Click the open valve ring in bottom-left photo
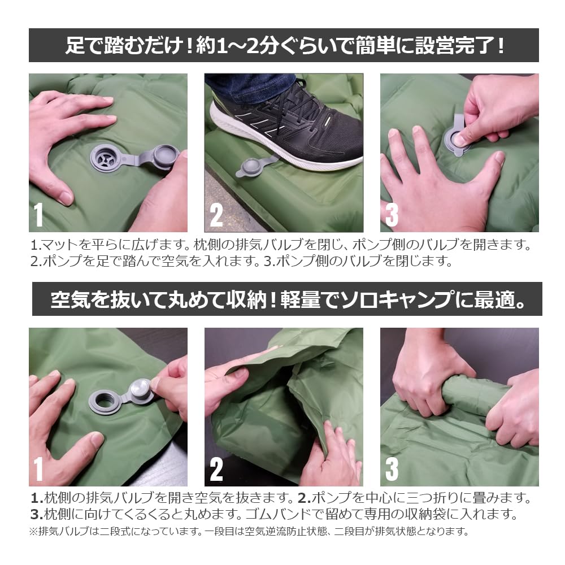tap(105, 403)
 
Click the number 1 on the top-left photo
tap(38, 215)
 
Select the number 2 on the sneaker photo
tap(216, 215)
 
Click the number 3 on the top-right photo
tap(392, 215)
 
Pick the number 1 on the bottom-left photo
tap(38, 469)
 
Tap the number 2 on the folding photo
tap(216, 469)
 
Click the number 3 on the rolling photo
tap(392, 469)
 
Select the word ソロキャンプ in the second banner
tap(390, 299)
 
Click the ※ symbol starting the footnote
tap(32, 532)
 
